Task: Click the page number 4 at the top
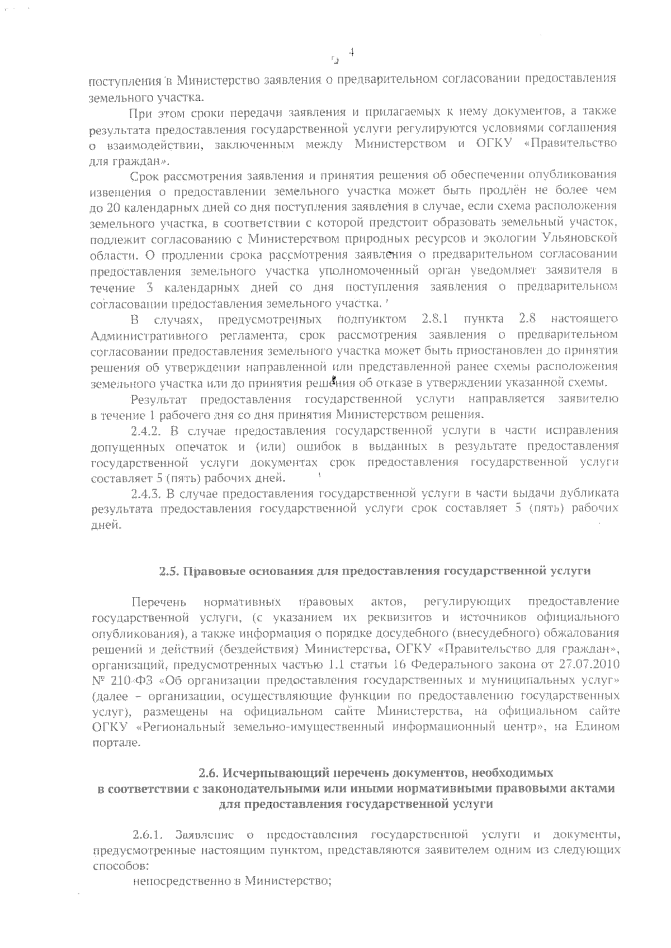tap(352, 53)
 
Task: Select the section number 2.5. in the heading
tap(169, 571)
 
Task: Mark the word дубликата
tap(587, 494)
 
